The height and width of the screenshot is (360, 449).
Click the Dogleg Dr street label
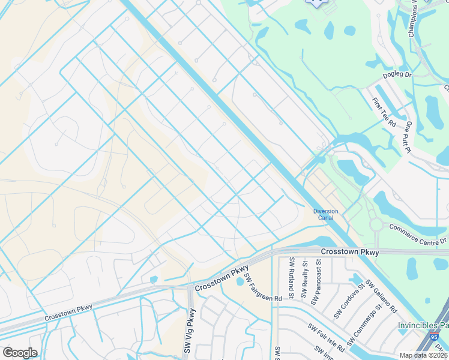click(397, 76)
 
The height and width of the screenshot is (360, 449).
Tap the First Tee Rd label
click(384, 112)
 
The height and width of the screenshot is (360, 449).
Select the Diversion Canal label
click(326, 214)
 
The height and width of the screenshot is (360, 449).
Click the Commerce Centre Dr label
click(418, 234)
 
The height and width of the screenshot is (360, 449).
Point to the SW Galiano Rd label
click(382, 297)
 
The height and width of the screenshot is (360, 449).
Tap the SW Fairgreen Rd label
click(262, 288)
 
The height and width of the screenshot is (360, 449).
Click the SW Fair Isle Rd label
click(326, 338)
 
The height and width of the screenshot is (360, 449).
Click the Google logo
click(20, 353)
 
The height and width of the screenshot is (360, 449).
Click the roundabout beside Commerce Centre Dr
click(376, 224)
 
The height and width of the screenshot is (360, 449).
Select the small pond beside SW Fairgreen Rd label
click(241, 281)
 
